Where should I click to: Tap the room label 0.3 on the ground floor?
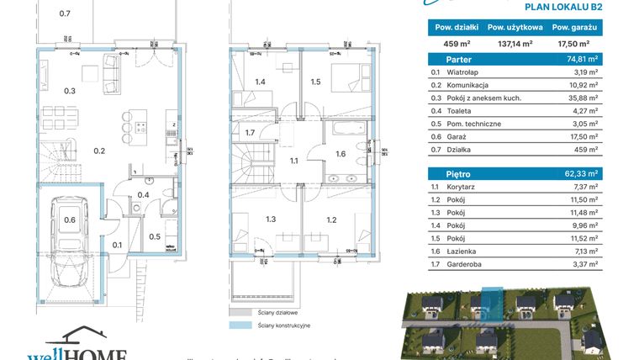[x=70, y=91]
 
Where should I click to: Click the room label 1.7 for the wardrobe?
[x=250, y=133]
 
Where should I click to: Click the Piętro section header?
[x=444, y=172]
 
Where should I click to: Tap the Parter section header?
[x=445, y=59]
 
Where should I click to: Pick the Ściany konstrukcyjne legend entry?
[x=272, y=323]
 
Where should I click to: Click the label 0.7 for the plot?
[x=65, y=13]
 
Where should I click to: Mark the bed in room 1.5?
[x=344, y=77]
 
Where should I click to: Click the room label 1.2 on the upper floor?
[x=331, y=220]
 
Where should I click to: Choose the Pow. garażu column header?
[x=574, y=26]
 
